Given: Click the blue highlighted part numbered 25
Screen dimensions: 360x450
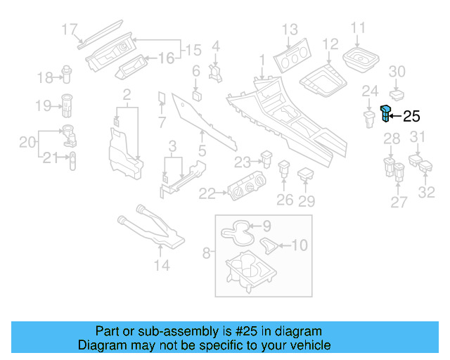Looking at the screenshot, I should pyautogui.click(x=386, y=113).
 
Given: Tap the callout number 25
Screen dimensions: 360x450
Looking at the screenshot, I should pyautogui.click(x=411, y=117).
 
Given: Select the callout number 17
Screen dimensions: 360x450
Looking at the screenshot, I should pyautogui.click(x=69, y=30).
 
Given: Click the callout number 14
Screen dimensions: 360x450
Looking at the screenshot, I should pyautogui.click(x=162, y=265).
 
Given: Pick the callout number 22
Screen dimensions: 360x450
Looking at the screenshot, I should pyautogui.click(x=207, y=193).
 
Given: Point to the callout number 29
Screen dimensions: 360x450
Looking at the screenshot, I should pyautogui.click(x=306, y=201).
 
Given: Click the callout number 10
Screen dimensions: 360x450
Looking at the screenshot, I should pyautogui.click(x=300, y=245).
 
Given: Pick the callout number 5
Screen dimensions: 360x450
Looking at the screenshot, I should pyautogui.click(x=202, y=150).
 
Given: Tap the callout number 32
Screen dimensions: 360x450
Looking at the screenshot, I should pyautogui.click(x=427, y=191).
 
